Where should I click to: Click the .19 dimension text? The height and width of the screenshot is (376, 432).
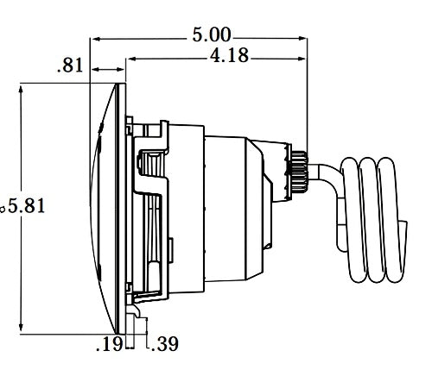tap(108, 345)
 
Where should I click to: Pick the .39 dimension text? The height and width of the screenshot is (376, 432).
tap(164, 345)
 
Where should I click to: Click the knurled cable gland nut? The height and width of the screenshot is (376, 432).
tap(301, 169)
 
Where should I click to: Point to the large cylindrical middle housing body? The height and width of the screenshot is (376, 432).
tap(186, 207)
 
